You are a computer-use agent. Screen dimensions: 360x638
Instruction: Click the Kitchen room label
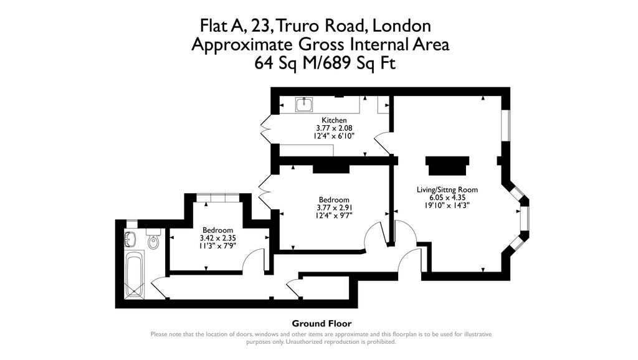click(x=334, y=120)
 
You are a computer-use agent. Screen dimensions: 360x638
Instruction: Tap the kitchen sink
click(x=304, y=105)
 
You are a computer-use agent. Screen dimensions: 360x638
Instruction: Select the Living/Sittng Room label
click(x=447, y=189)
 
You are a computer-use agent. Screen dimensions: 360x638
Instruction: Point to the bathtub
click(x=135, y=275)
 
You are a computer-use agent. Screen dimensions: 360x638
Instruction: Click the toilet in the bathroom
click(x=153, y=240)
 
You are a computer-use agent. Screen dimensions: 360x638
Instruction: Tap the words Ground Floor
click(x=321, y=323)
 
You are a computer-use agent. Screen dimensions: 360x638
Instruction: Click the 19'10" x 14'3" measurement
click(x=447, y=205)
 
